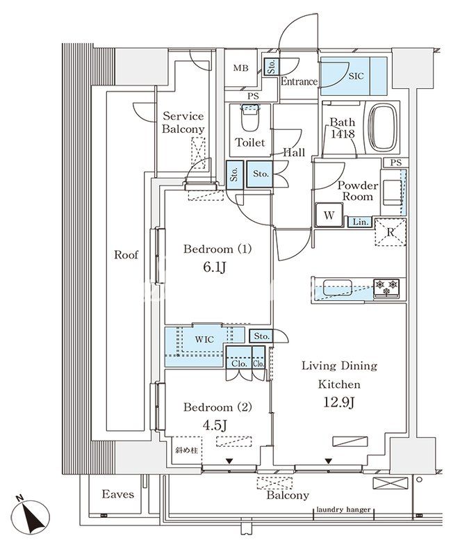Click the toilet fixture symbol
pyautogui.click(x=250, y=117)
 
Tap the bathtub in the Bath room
pyautogui.click(x=384, y=128)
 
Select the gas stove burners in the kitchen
pyautogui.click(x=386, y=288)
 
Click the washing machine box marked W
pyautogui.click(x=329, y=215)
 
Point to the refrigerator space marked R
pyautogui.click(x=391, y=233)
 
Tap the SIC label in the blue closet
pyautogui.click(x=356, y=76)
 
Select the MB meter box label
pyautogui.click(x=241, y=67)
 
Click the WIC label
pyautogui.click(x=204, y=339)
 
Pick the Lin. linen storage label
pyautogui.click(x=361, y=222)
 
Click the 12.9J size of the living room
pyautogui.click(x=339, y=402)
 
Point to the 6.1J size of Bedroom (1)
pyautogui.click(x=215, y=268)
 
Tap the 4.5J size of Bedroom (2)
pyautogui.click(x=215, y=425)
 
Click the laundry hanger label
pyautogui.click(x=343, y=509)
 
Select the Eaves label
pyautogui.click(x=118, y=494)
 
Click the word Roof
pyautogui.click(x=126, y=254)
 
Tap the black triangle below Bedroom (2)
pyautogui.click(x=229, y=461)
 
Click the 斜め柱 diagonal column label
pyautogui.click(x=186, y=450)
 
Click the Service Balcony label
pyautogui.click(x=183, y=122)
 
